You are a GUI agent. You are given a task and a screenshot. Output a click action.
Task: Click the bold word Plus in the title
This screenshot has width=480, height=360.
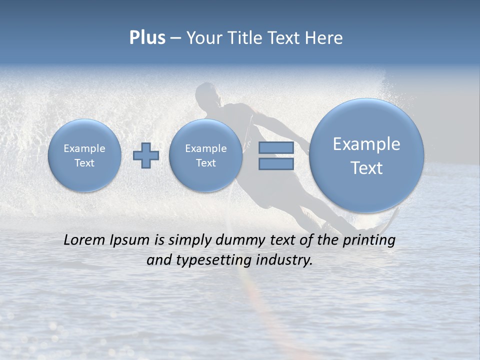[147, 38]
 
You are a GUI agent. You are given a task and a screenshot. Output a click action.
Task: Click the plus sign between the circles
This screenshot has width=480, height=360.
[146, 155]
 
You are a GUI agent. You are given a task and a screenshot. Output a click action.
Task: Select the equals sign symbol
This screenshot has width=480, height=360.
[276, 155]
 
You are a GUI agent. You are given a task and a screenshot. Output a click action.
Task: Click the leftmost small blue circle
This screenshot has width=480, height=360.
[84, 155]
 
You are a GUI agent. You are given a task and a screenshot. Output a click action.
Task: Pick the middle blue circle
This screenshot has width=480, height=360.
[205, 155]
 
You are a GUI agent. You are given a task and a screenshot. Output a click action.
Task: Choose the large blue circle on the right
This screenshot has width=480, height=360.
[366, 155]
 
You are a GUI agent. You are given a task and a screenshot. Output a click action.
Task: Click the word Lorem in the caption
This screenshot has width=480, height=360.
[85, 240]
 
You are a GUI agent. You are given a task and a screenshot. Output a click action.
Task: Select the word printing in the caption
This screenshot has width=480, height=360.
[368, 240]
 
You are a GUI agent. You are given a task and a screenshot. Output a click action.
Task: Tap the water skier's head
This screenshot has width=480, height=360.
[206, 94]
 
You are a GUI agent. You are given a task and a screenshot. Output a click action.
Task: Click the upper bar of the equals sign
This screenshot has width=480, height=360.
[276, 147]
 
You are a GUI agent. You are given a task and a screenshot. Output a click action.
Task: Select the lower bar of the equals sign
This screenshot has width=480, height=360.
[276, 163]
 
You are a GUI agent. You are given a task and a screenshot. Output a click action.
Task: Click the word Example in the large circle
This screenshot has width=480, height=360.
[366, 144]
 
